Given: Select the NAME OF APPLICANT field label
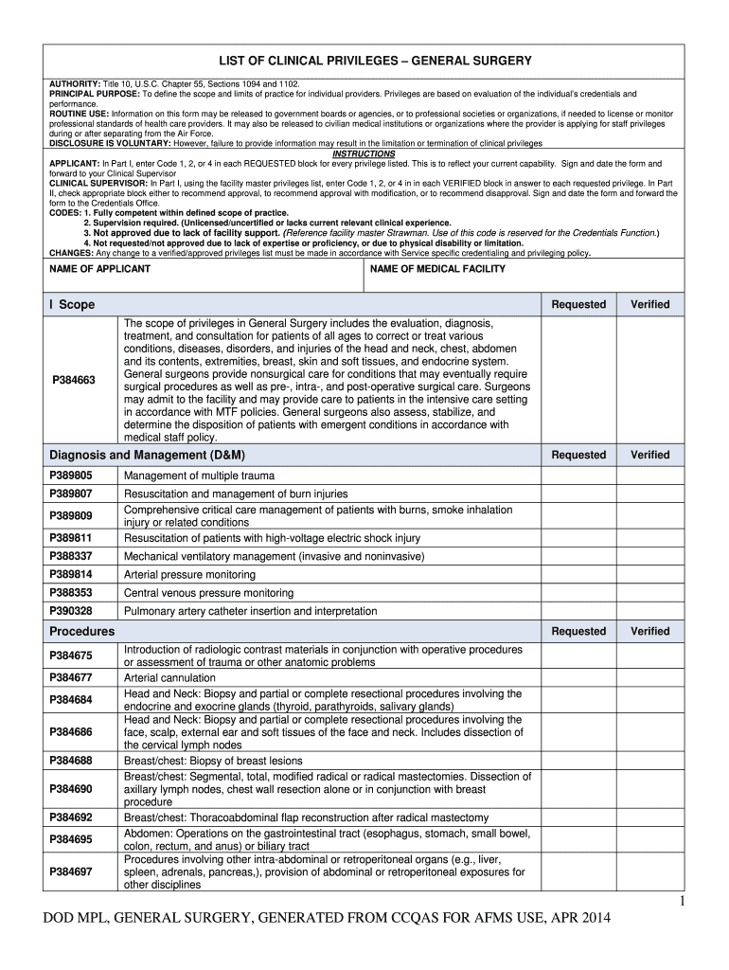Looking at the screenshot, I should [x=99, y=269].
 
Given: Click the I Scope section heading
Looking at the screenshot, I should [x=72, y=304].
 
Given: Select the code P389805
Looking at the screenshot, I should [x=71, y=475].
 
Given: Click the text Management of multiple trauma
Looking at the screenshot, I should [x=199, y=475].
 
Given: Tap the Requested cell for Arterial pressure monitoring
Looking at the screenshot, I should [x=578, y=574].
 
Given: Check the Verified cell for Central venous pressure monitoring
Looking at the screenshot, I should [x=649, y=592].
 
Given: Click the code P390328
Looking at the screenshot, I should [x=71, y=611].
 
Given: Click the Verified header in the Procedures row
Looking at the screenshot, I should [x=649, y=631].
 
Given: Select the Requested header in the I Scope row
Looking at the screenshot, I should [x=578, y=304].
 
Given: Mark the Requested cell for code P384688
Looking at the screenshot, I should [x=578, y=761].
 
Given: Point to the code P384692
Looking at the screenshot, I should [x=71, y=817].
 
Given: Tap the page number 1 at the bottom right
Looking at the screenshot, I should [x=680, y=901].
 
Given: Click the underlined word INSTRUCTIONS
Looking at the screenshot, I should [x=364, y=153].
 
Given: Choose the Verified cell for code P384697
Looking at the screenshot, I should [x=649, y=872].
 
